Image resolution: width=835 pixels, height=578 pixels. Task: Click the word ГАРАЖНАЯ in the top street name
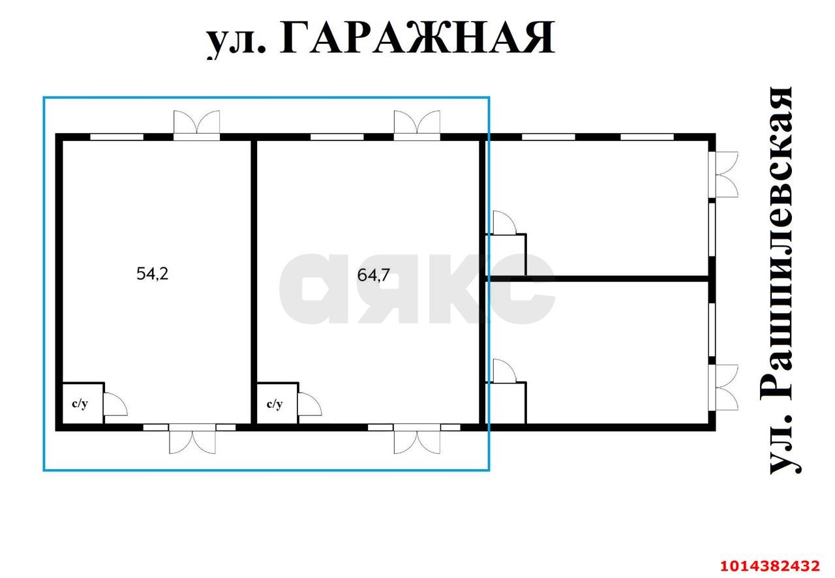tap(417, 38)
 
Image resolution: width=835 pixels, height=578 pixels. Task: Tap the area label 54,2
tap(153, 274)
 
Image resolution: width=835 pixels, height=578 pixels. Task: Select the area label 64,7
tap(374, 275)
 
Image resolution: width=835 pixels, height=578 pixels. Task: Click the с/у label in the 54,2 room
tap(79, 404)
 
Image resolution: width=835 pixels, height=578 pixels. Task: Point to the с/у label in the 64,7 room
tap(275, 404)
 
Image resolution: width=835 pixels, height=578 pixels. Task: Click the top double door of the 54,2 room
tap(196, 124)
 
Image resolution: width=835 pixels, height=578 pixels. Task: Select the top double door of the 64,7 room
tap(417, 124)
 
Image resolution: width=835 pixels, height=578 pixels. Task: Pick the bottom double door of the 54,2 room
tap(192, 440)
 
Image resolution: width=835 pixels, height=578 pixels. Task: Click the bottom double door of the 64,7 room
tap(417, 440)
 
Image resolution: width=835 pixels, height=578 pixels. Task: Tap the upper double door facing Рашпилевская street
tap(726, 174)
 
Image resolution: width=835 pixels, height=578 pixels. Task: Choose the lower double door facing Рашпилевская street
tap(726, 387)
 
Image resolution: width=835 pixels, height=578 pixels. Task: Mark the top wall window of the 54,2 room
tap(116, 137)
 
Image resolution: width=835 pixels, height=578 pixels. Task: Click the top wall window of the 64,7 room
tap(337, 137)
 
